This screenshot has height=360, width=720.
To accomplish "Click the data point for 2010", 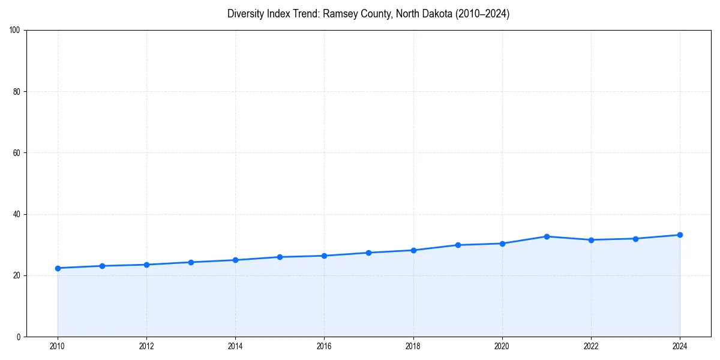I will click(58, 268).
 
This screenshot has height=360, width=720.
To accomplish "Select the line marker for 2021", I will click(547, 236).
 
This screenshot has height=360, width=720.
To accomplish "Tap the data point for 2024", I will click(680, 235).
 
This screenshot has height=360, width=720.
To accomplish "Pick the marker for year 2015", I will click(280, 257).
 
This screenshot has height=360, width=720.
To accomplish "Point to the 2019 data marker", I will click(458, 245).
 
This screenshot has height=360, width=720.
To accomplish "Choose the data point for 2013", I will click(191, 262).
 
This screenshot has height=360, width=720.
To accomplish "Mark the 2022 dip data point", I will click(591, 240).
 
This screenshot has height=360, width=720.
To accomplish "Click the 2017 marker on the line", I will click(368, 253).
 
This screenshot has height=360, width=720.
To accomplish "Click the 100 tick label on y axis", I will click(16, 31).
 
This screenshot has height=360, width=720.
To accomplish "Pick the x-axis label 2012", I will click(146, 346).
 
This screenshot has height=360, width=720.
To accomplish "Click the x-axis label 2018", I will click(413, 346).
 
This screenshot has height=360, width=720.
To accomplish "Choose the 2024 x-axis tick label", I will click(680, 346).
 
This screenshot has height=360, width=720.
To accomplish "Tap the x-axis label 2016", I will click(324, 346).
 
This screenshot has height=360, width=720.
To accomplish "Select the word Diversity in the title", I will click(246, 14).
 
